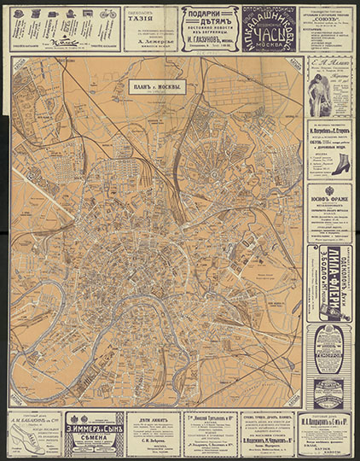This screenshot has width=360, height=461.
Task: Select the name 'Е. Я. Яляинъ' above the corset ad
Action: coord(329,63)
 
